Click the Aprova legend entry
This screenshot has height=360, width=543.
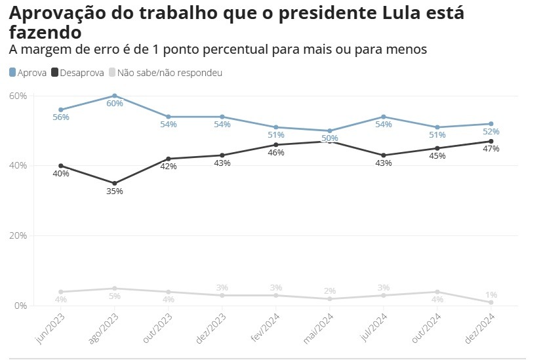pyautogui.click(x=28, y=73)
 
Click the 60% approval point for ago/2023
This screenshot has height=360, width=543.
pyautogui.click(x=115, y=96)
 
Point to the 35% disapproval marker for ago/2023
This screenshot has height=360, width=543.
pyautogui.click(x=115, y=184)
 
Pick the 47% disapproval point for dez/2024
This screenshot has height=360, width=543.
pyautogui.click(x=491, y=141)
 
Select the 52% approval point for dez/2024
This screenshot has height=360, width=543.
pyautogui.click(x=491, y=124)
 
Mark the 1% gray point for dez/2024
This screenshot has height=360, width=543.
pyautogui.click(x=491, y=302)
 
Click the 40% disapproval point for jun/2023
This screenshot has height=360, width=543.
pyautogui.click(x=61, y=166)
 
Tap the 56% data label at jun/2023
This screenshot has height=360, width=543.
pyautogui.click(x=61, y=117)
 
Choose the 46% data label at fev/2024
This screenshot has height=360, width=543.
pyautogui.click(x=275, y=153)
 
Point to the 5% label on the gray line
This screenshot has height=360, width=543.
pyautogui.click(x=115, y=296)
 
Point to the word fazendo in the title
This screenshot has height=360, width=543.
pyautogui.click(x=46, y=31)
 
